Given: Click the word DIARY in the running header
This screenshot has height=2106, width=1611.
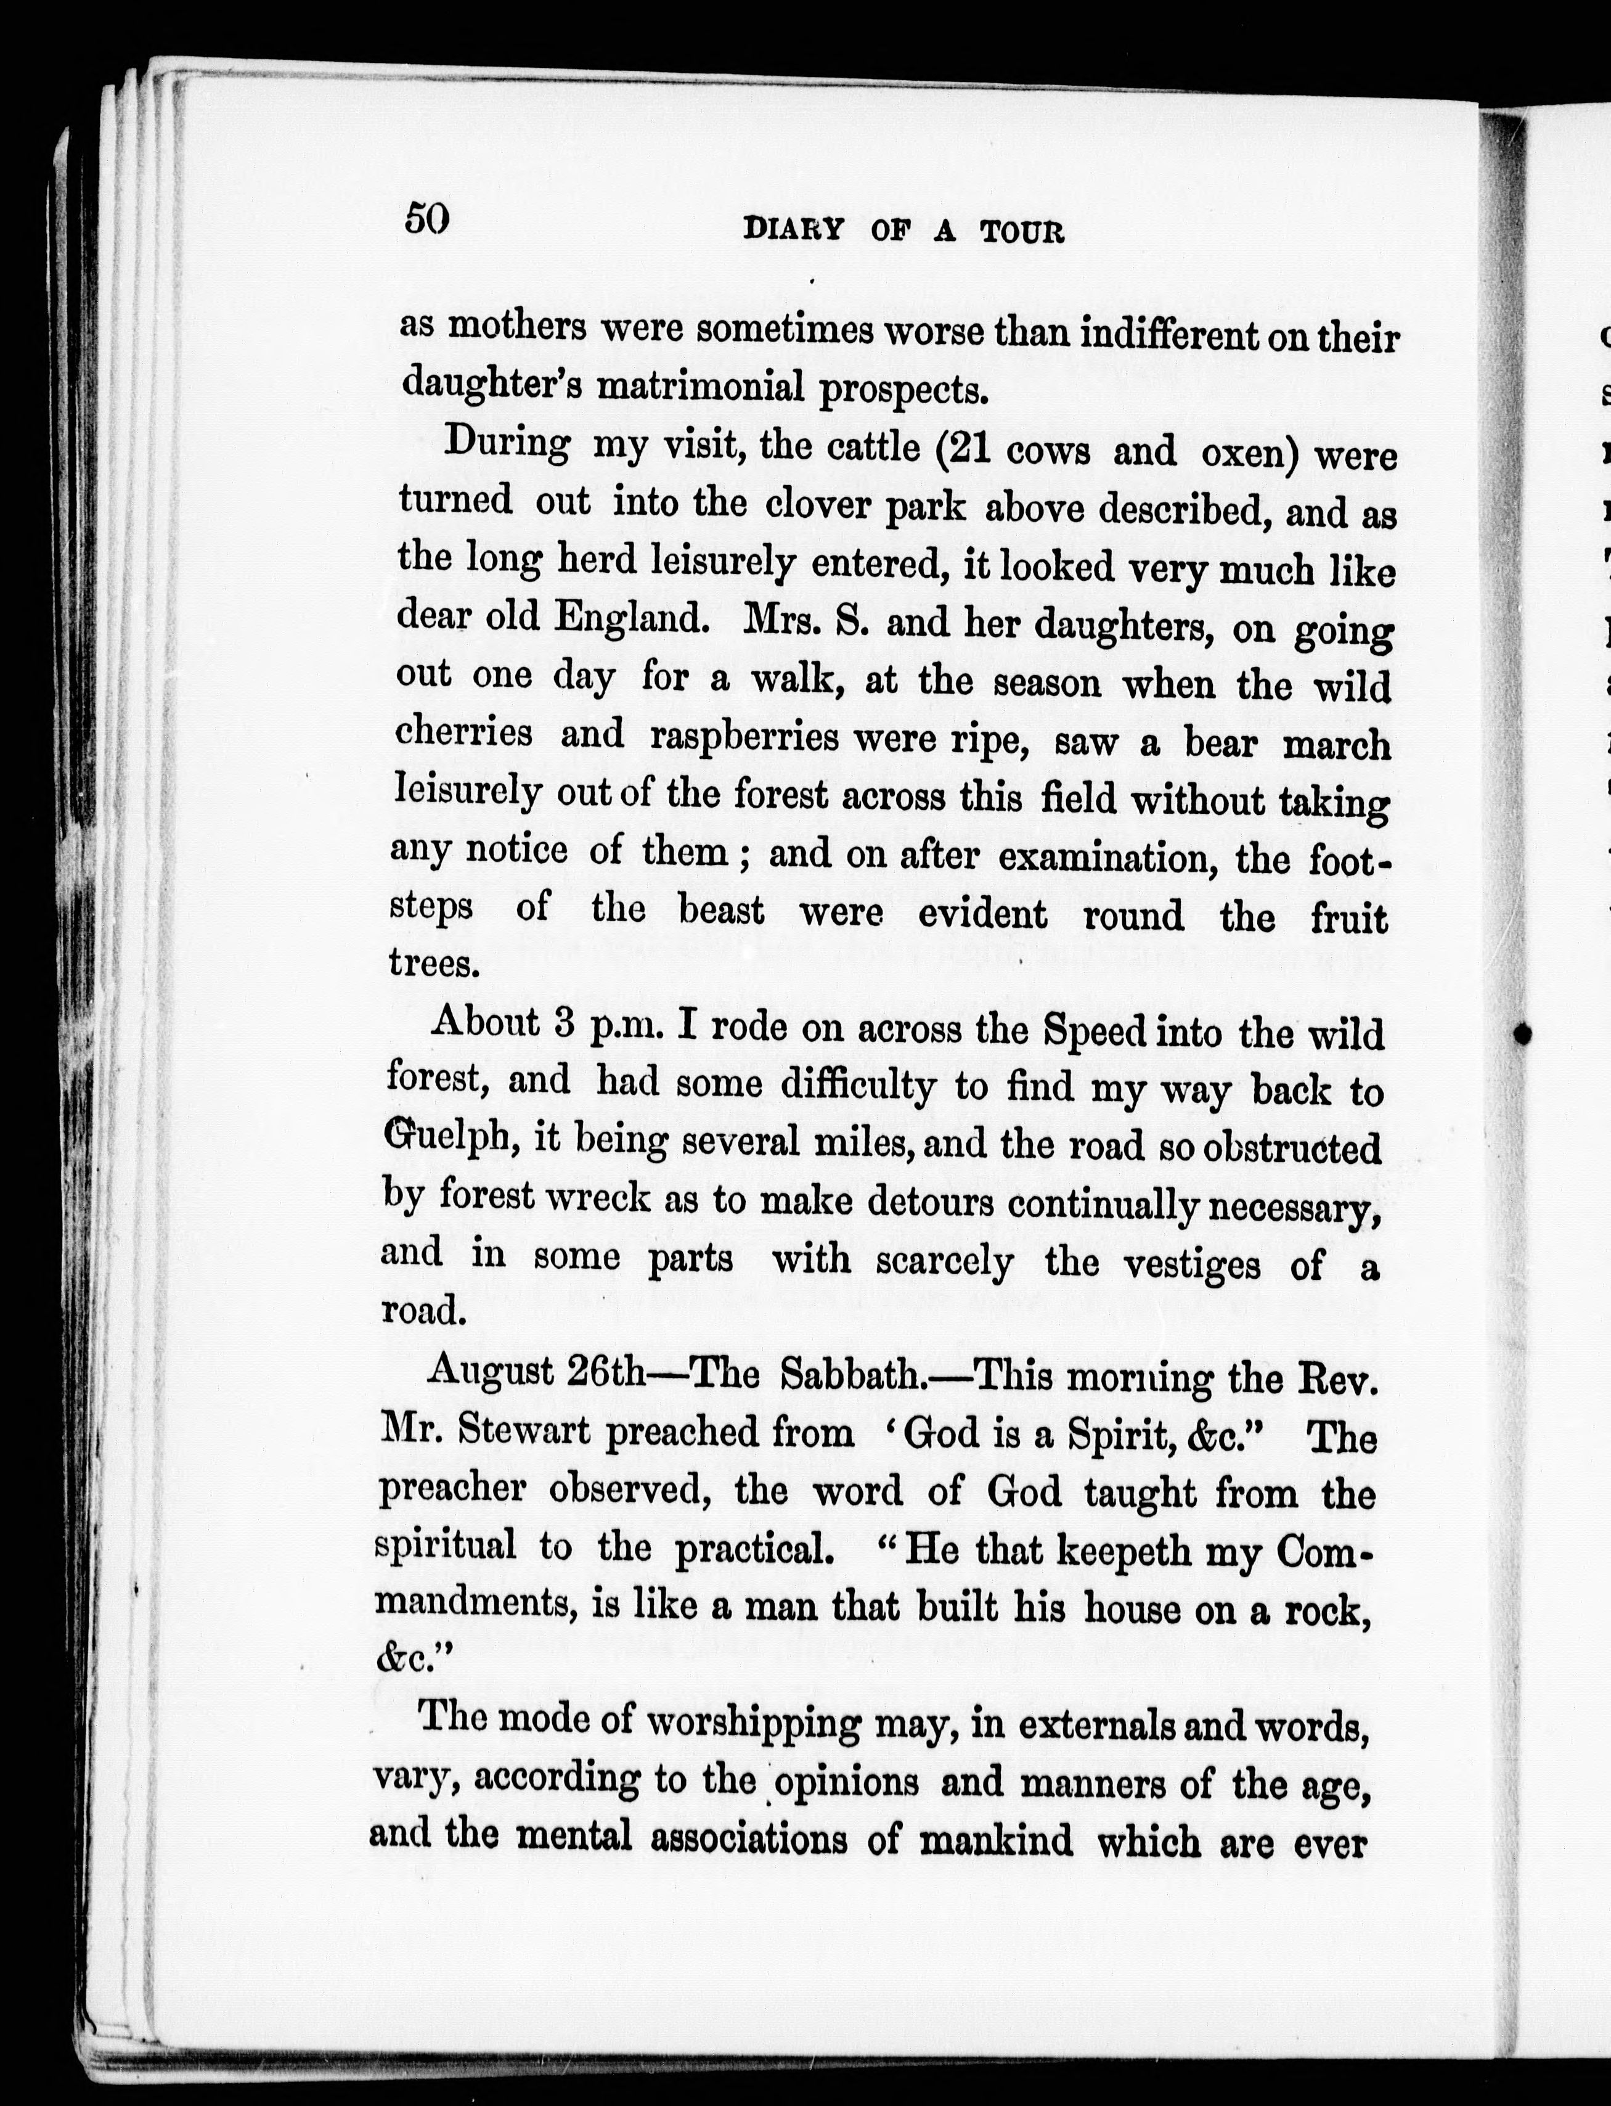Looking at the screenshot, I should click(794, 230).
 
